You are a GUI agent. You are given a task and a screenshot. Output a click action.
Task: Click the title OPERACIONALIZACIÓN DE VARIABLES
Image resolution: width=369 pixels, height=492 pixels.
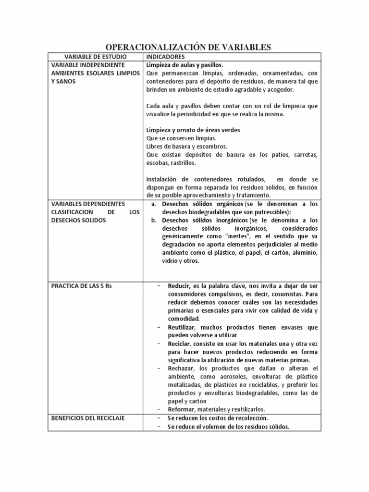click(188, 47)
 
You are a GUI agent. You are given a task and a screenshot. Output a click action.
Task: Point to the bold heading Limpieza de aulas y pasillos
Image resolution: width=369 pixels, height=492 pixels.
click(184, 65)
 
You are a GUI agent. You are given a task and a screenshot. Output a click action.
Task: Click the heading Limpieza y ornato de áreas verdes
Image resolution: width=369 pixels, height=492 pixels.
click(193, 130)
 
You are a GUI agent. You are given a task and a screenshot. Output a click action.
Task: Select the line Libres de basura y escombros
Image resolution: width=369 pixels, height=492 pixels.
click(186, 146)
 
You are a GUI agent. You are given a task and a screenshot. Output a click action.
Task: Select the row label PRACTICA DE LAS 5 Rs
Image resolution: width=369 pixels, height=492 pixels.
click(81, 286)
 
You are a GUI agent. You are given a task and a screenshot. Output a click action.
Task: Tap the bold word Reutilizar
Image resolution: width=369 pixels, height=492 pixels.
click(182, 327)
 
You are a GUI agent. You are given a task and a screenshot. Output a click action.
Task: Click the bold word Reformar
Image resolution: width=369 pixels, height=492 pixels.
click(181, 409)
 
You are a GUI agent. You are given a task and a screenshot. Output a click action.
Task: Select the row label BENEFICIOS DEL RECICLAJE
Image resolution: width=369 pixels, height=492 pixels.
click(88, 418)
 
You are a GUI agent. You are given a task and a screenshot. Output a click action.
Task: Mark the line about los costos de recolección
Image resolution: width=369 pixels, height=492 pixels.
click(218, 418)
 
